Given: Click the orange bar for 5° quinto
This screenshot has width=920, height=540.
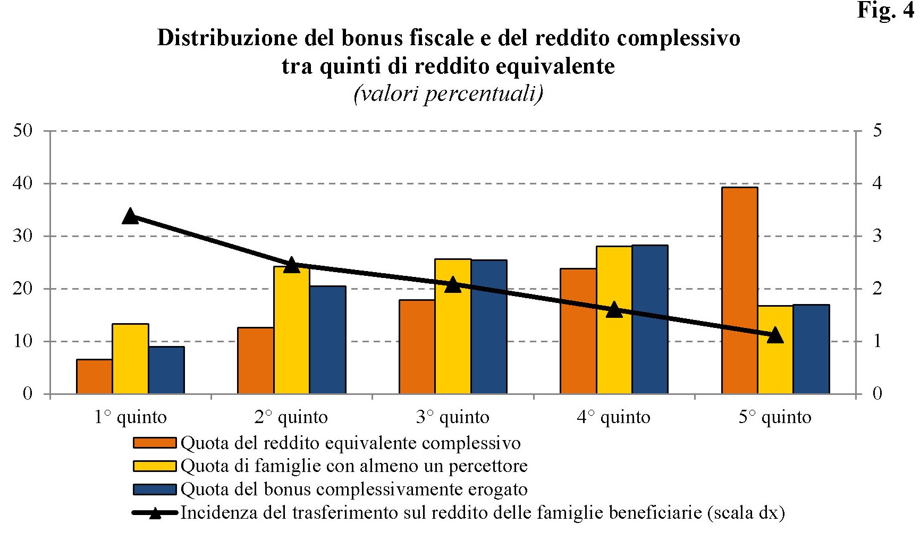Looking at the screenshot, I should tap(739, 290).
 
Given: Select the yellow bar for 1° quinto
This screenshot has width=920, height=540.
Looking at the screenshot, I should tap(130, 359).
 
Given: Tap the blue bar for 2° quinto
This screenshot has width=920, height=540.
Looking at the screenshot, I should tap(327, 340).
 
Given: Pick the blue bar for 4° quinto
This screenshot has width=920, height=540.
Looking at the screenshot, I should tap(649, 319).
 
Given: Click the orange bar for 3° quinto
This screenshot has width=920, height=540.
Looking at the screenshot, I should tap(417, 347).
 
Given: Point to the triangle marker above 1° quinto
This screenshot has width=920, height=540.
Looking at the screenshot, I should tap(130, 216).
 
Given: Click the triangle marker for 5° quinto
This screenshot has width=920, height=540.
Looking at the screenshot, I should tap(775, 335).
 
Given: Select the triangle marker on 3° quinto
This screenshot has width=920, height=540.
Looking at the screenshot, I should tap(452, 285).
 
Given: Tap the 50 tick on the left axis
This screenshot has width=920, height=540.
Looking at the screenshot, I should tap(23, 131).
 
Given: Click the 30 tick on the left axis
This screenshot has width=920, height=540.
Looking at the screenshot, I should tap(23, 236).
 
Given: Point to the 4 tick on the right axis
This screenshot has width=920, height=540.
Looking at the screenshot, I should tap(877, 183).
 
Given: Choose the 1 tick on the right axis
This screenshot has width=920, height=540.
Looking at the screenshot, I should tap(877, 341).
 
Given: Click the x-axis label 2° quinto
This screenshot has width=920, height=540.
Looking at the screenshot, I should tap(291, 417).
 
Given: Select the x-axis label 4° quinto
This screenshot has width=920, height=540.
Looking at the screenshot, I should tap(613, 417).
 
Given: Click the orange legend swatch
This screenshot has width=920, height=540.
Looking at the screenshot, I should tap(154, 443).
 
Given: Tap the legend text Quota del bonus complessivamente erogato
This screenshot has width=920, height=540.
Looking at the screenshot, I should tap(354, 489).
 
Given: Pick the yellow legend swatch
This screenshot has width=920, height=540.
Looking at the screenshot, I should tap(154, 466).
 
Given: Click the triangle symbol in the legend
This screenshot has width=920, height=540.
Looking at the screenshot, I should tap(155, 513).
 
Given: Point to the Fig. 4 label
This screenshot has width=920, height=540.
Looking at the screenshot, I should tap(885, 11).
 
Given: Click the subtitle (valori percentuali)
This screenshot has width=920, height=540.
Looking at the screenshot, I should tap(448, 94).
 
